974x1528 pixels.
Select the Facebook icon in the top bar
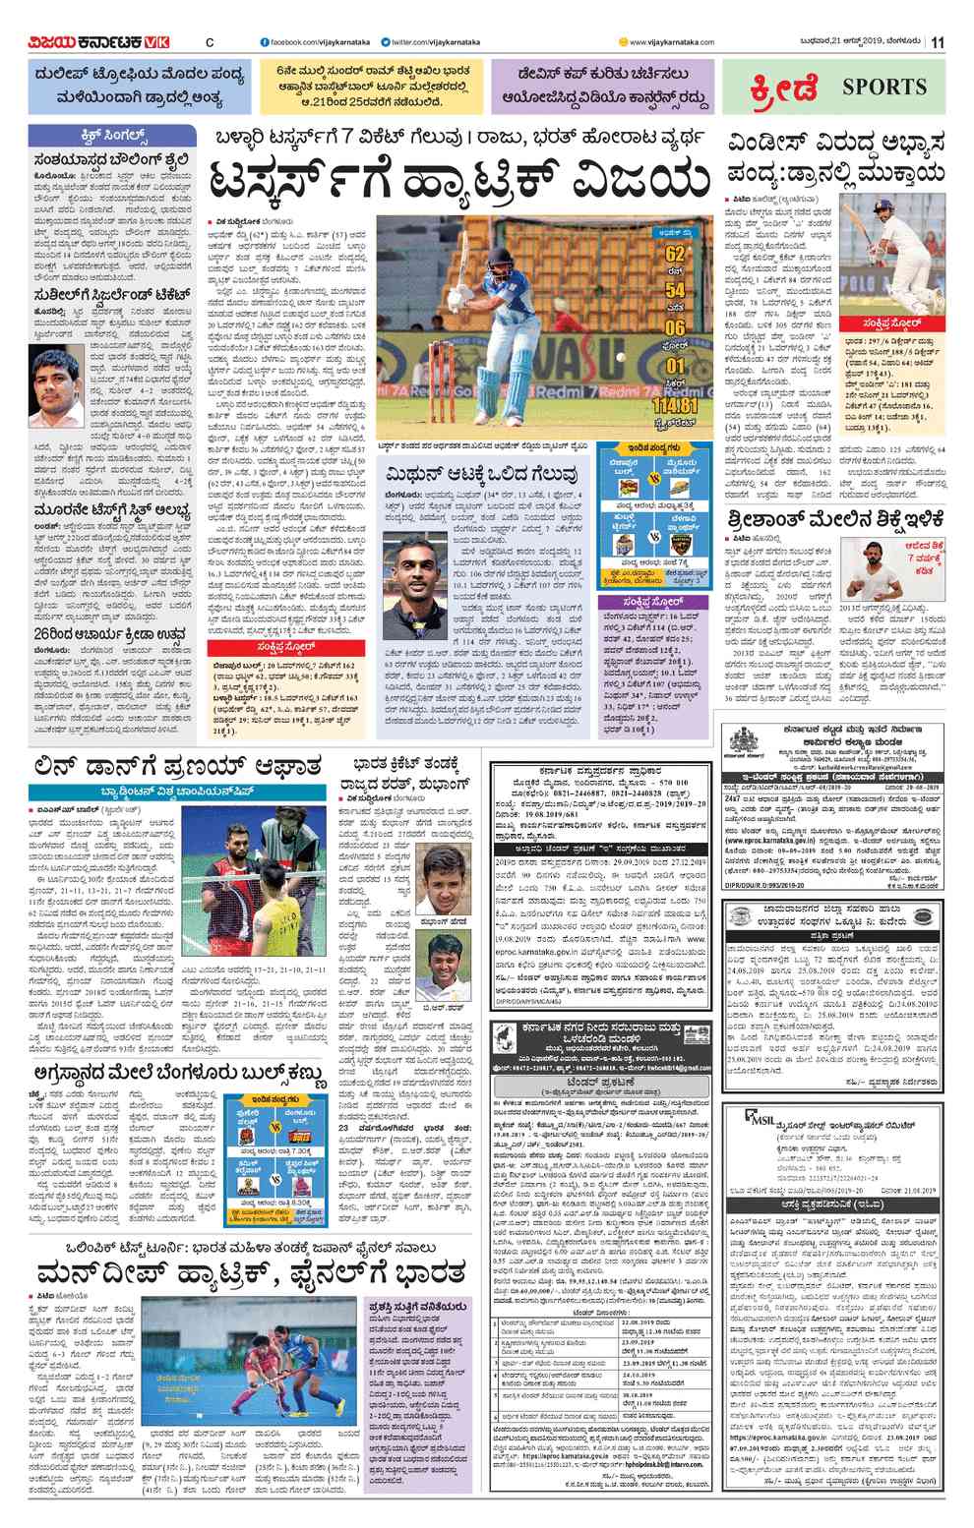264,41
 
